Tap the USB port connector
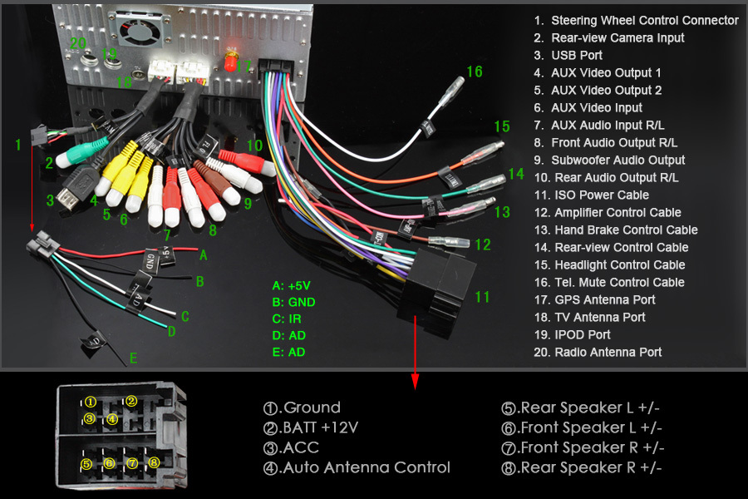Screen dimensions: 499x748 tap(72, 189)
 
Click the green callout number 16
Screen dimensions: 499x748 tap(474, 72)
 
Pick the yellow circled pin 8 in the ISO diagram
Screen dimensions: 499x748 tap(152, 462)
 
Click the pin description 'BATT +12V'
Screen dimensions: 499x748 tap(312, 427)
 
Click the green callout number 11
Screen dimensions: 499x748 tap(483, 297)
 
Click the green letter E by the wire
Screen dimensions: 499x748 tap(133, 359)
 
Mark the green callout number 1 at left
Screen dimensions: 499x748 tap(18, 145)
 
